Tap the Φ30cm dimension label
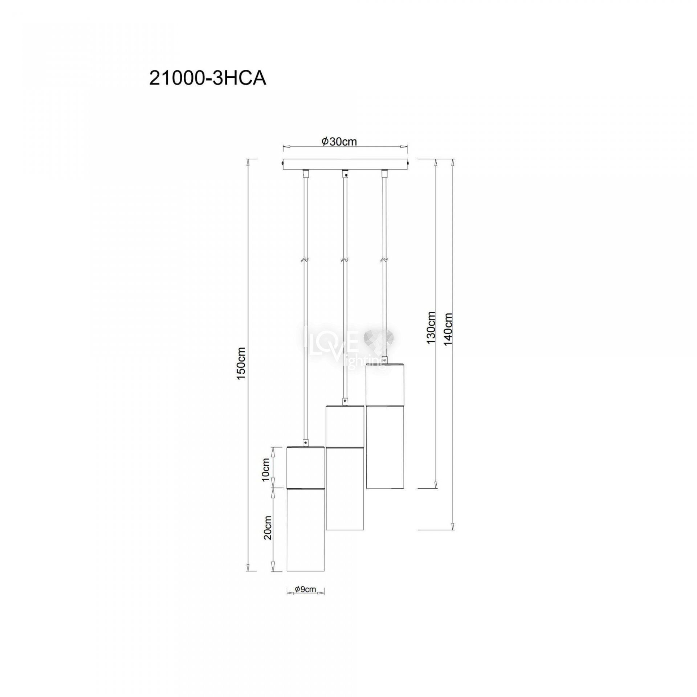339,141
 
